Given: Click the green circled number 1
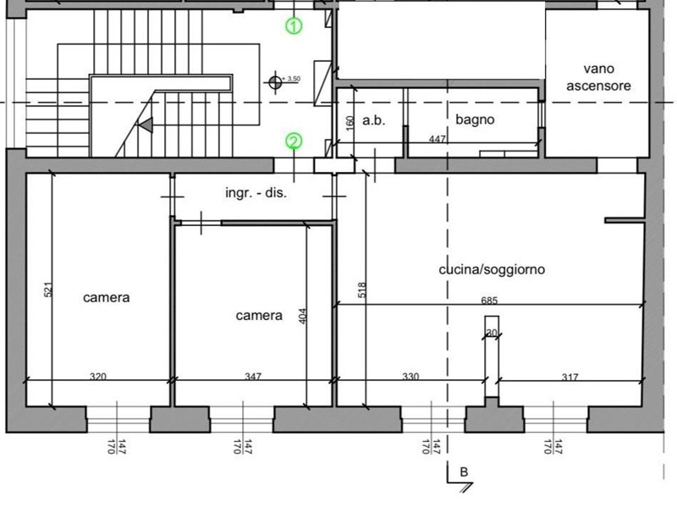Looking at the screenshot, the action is click(x=294, y=26).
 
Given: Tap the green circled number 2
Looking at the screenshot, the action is click(x=294, y=141).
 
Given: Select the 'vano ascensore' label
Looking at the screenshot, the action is click(x=598, y=77).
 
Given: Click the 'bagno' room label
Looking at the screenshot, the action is click(x=475, y=119).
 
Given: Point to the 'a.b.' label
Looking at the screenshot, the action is click(x=374, y=120).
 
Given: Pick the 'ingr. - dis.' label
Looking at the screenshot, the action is click(x=256, y=192).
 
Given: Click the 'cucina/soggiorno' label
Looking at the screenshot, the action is click(x=492, y=269).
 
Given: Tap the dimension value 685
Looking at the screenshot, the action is click(x=489, y=300).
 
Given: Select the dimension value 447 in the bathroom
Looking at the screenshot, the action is click(x=438, y=139).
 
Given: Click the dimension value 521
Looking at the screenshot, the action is click(x=48, y=290).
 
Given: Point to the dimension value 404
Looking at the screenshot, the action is click(x=303, y=316).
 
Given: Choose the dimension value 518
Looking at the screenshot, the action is click(x=362, y=290).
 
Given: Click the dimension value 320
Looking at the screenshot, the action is click(x=98, y=376).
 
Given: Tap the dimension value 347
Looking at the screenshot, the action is click(x=253, y=376).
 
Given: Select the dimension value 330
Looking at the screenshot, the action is click(x=410, y=376).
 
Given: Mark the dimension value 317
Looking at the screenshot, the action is click(x=570, y=377).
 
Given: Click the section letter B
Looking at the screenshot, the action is click(x=464, y=472).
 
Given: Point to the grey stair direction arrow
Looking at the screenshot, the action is click(x=146, y=124).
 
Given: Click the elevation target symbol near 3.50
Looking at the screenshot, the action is click(x=275, y=82).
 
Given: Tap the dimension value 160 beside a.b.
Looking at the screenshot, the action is click(x=350, y=122).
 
